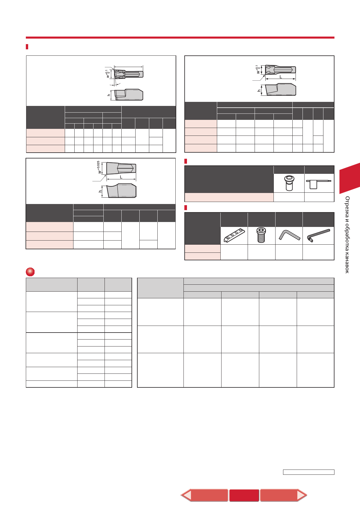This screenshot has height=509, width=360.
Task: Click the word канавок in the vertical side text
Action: [347, 262]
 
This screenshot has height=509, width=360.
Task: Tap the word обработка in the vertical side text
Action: [347, 235]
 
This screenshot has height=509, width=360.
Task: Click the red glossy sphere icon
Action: [30, 272]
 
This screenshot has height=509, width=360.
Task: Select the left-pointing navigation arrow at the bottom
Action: [204, 495]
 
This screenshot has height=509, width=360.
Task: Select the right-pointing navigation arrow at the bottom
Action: [283, 495]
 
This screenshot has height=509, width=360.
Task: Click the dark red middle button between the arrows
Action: [244, 495]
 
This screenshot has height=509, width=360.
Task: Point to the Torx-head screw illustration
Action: [289, 183]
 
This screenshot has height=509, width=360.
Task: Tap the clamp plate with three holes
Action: [234, 235]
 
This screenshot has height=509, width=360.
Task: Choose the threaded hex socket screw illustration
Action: [261, 235]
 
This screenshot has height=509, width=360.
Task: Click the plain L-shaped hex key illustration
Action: [289, 235]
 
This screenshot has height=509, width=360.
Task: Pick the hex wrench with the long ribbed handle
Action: [318, 236]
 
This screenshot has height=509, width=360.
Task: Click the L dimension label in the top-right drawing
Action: [281, 77]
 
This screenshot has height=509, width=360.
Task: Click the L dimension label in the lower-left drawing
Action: [121, 177]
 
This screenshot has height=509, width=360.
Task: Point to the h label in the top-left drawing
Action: [109, 95]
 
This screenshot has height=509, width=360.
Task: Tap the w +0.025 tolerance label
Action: [99, 167]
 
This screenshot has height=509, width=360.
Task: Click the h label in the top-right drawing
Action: [259, 91]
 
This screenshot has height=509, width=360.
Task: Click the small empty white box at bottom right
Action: [309, 472]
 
